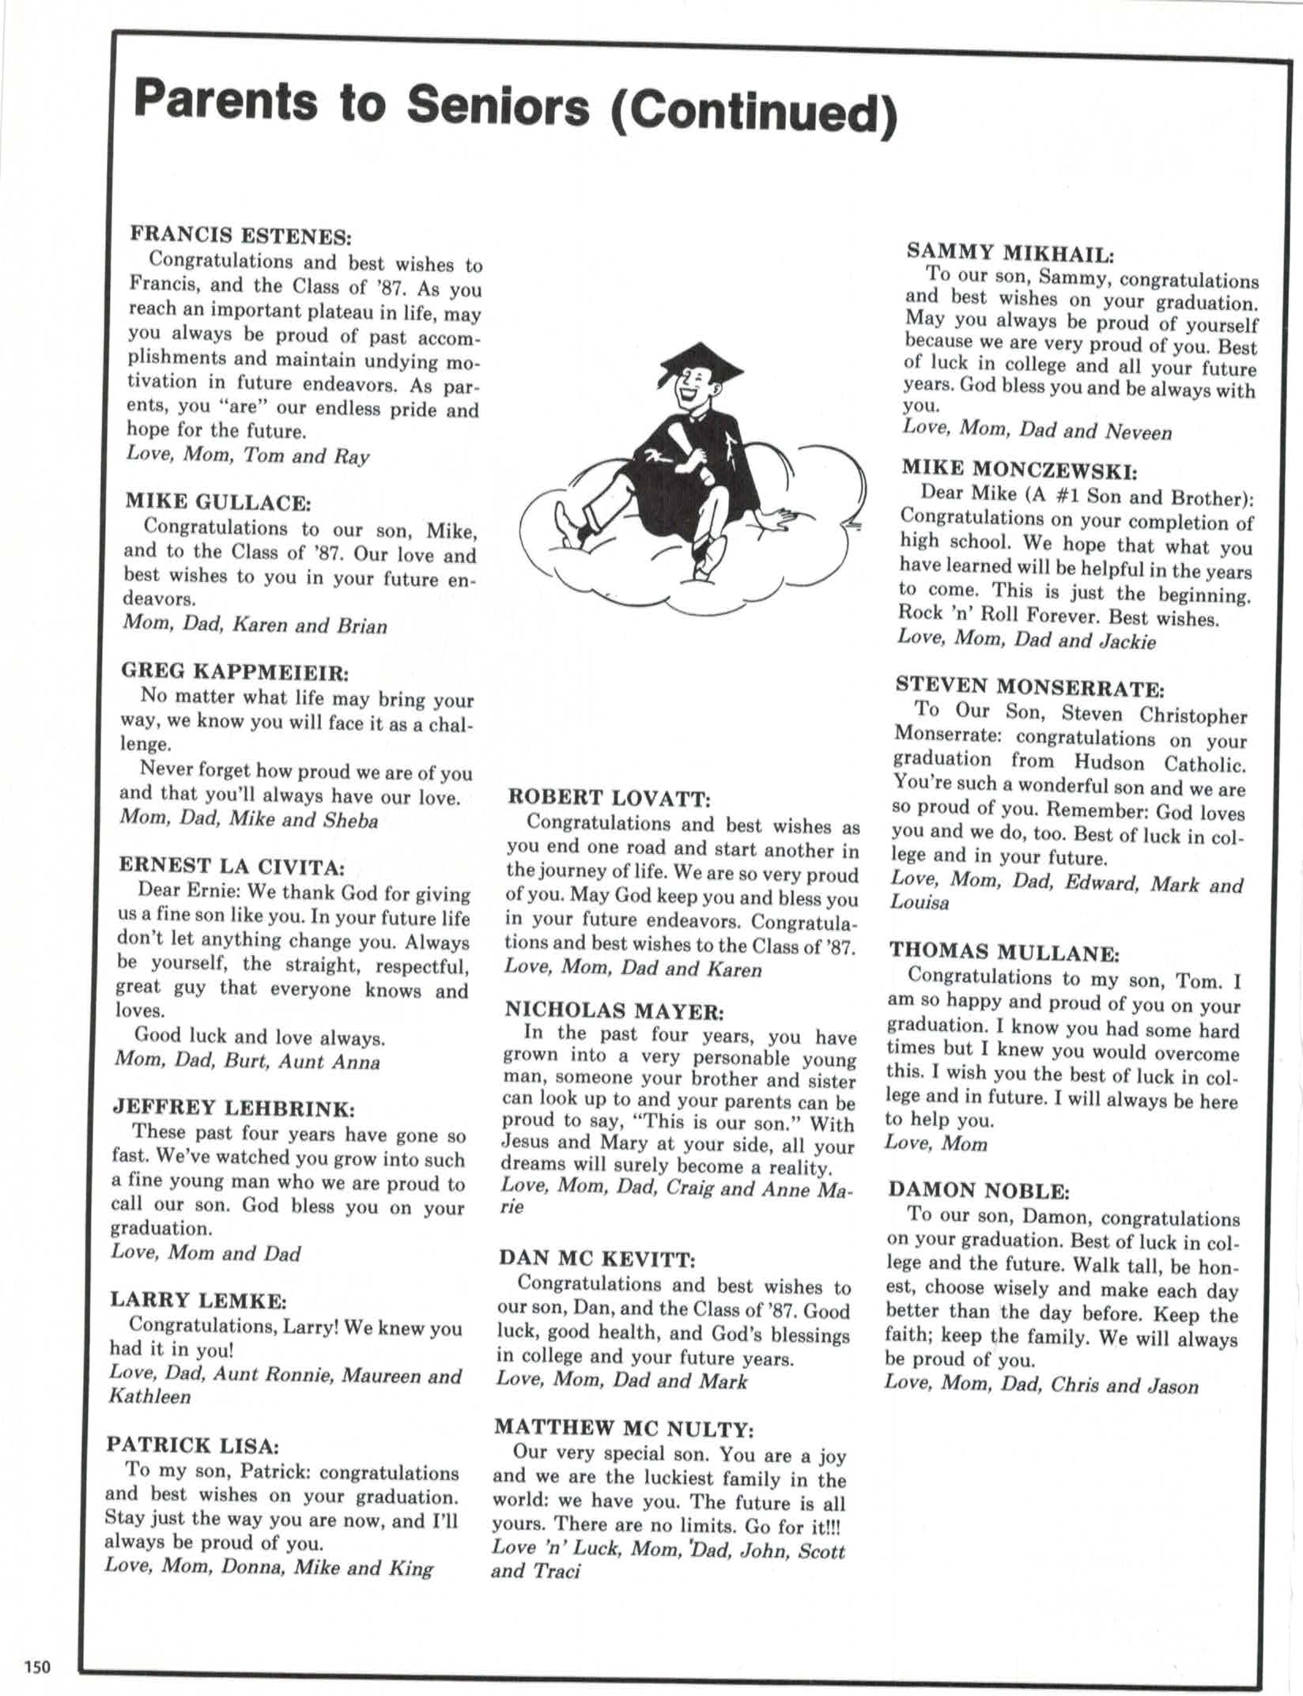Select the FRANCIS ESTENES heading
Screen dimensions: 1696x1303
click(240, 235)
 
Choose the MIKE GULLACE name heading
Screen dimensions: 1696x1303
click(217, 501)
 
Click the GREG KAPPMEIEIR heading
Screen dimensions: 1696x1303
click(235, 672)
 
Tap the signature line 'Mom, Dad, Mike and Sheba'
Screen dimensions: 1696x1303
click(249, 819)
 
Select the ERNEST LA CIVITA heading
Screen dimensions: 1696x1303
click(232, 866)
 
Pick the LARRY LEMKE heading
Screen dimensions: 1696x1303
click(198, 1300)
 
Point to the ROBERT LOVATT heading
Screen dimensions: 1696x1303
click(609, 798)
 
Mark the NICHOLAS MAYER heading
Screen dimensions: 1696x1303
click(614, 1010)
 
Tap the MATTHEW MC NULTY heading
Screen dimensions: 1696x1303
click(624, 1428)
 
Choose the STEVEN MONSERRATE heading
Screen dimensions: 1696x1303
click(1030, 686)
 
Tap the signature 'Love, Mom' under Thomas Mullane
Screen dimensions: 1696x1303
click(936, 1143)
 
